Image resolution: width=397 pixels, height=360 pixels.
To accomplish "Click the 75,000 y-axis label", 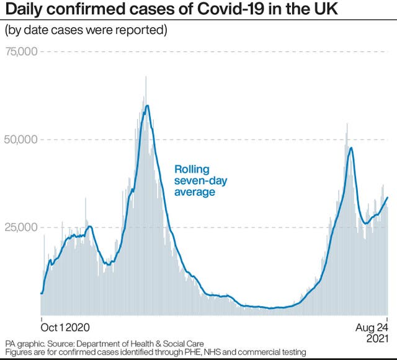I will coord(22,51).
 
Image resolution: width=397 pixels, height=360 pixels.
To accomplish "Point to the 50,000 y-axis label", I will coord(22,139).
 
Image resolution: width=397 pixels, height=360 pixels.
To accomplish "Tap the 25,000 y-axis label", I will coord(22,227).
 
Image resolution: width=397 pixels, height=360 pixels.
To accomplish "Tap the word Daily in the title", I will coord(22,10).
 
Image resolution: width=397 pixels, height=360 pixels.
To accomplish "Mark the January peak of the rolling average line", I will coord(147,106).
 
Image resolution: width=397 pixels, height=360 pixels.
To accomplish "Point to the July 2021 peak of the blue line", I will coord(351,148).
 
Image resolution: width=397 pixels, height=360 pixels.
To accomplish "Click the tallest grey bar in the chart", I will coord(146,77).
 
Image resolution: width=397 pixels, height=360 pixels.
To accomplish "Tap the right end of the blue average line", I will coord(388,198).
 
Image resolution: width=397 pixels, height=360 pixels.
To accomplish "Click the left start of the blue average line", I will coord(41,292).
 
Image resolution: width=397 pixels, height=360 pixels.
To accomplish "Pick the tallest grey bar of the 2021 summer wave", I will coord(347,124).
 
